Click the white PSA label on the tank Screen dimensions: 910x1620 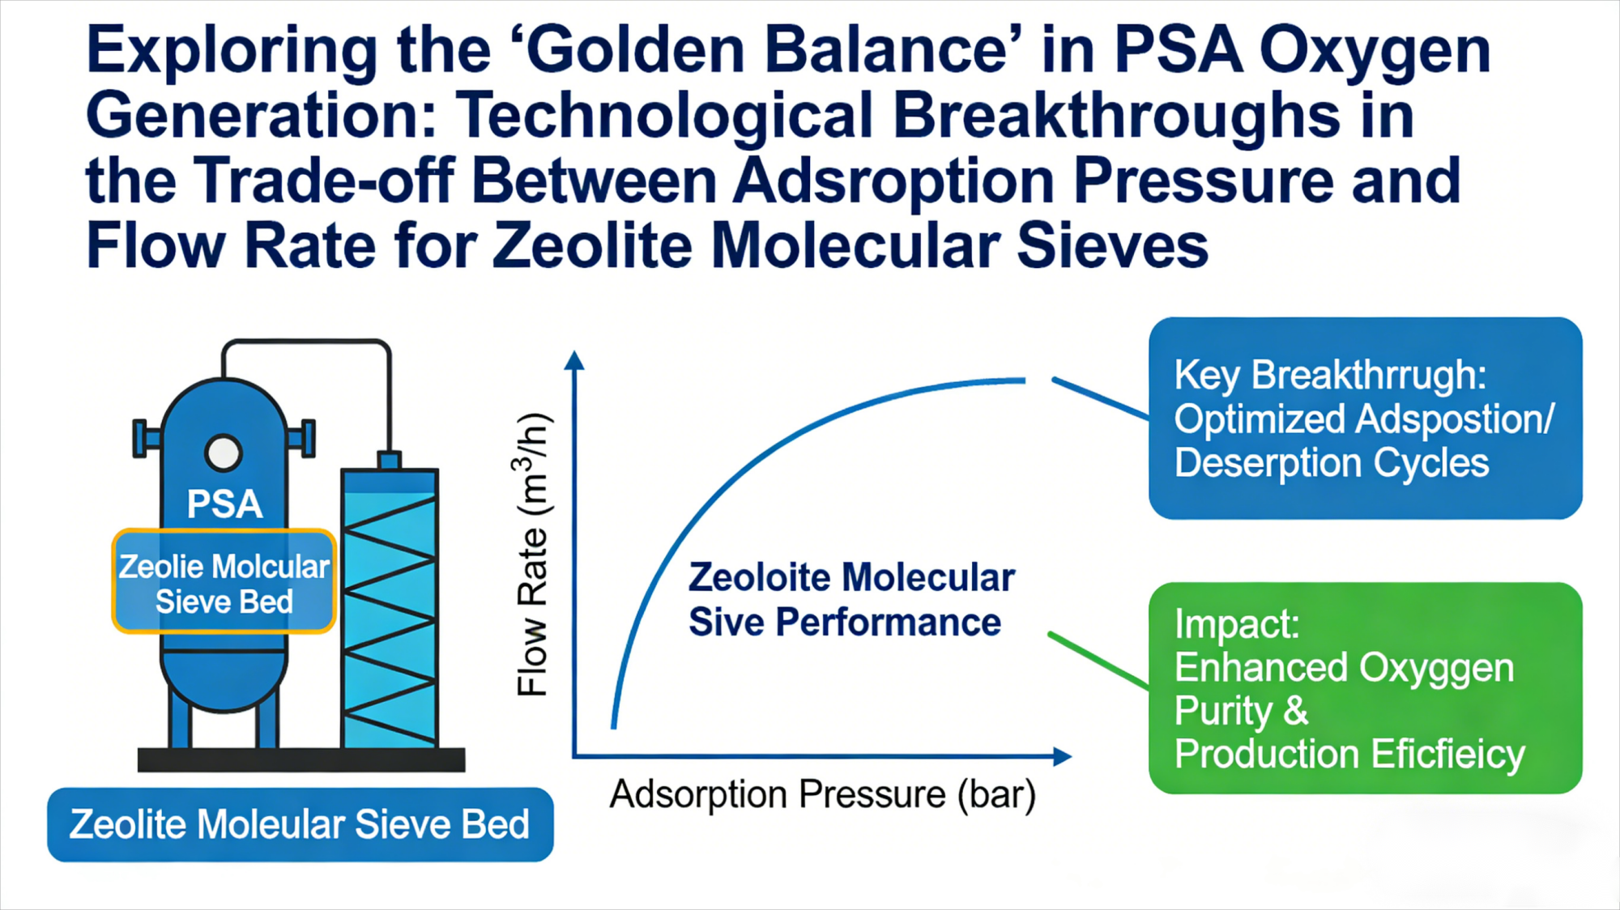click(224, 504)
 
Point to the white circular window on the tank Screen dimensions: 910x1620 click(224, 453)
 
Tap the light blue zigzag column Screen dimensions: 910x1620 click(390, 607)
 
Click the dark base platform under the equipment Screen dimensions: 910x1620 click(301, 759)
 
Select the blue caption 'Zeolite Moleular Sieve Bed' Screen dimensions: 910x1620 click(300, 824)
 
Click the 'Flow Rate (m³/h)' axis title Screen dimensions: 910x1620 click(533, 555)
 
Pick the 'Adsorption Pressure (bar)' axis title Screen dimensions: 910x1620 click(822, 794)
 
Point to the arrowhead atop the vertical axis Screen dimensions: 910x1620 click(574, 360)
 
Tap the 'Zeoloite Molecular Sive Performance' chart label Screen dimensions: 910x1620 click(850, 600)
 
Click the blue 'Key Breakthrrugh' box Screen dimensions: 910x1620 click(1365, 418)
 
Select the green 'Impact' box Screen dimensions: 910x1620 click(1365, 687)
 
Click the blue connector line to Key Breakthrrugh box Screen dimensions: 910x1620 click(1099, 398)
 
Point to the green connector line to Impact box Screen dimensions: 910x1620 click(1098, 660)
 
